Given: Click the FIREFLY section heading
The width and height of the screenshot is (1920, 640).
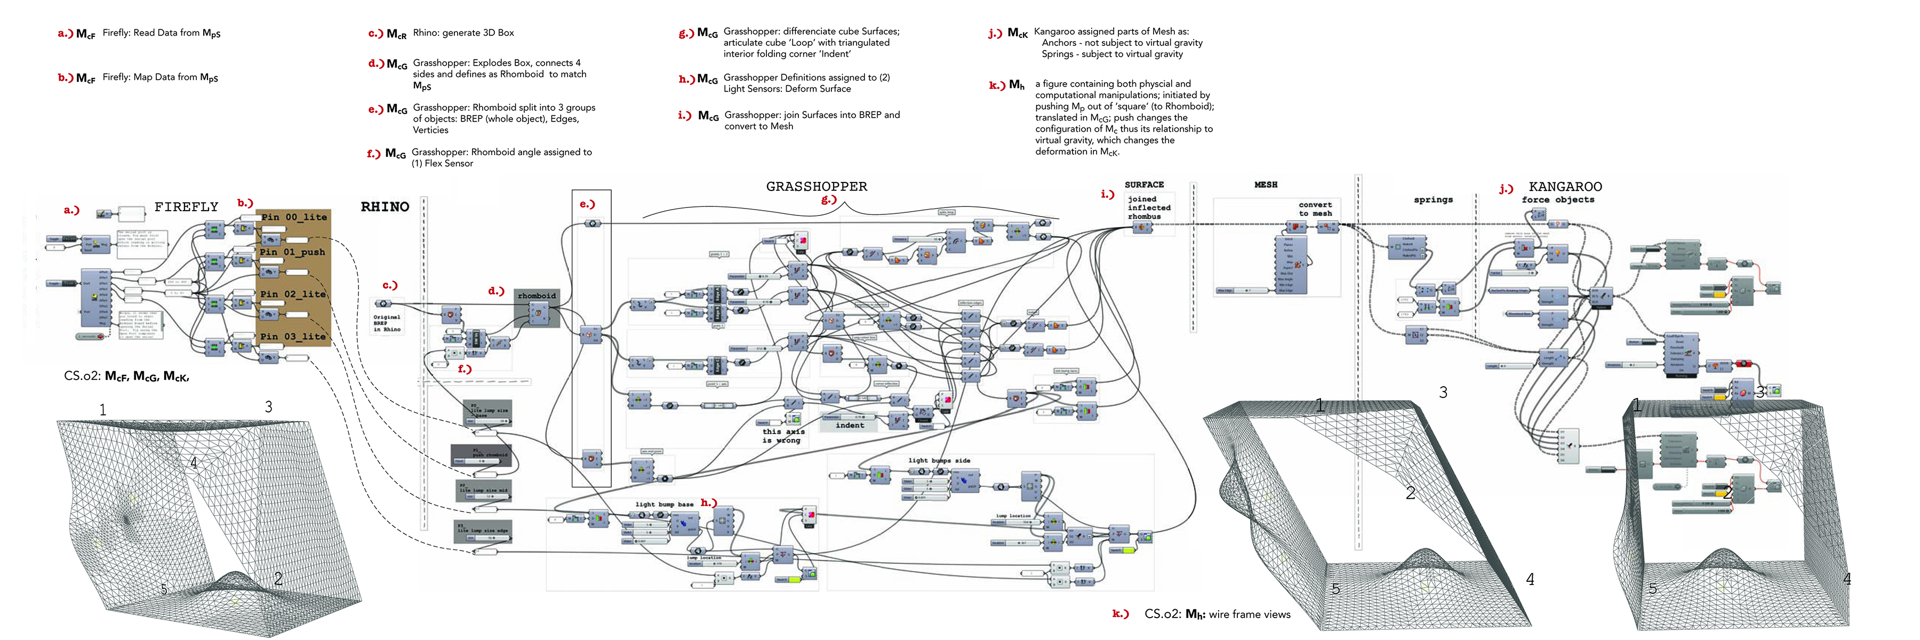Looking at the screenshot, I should pyautogui.click(x=186, y=207).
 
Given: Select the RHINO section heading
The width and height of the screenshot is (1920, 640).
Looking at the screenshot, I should pyautogui.click(x=385, y=207).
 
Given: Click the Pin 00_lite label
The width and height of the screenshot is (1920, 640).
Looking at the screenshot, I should pyautogui.click(x=294, y=218).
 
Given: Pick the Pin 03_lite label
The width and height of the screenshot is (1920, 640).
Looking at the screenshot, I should pyautogui.click(x=292, y=337).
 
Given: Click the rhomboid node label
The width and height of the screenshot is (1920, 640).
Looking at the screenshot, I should pyautogui.click(x=537, y=296).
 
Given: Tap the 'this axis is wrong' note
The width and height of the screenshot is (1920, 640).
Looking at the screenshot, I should pyautogui.click(x=782, y=436).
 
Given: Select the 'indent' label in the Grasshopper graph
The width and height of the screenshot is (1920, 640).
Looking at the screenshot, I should pyautogui.click(x=850, y=426).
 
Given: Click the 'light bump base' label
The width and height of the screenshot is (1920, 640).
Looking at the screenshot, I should pyautogui.click(x=663, y=505).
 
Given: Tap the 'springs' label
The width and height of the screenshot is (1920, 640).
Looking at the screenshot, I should pyautogui.click(x=1433, y=199).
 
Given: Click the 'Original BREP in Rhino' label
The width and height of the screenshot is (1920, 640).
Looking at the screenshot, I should pyautogui.click(x=386, y=323).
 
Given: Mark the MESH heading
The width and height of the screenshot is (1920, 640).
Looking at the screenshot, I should pyautogui.click(x=1265, y=185).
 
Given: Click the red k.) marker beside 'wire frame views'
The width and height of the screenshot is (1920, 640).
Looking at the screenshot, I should pyautogui.click(x=1119, y=614).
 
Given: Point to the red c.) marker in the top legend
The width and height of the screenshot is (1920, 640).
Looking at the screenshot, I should pyautogui.click(x=375, y=34).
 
